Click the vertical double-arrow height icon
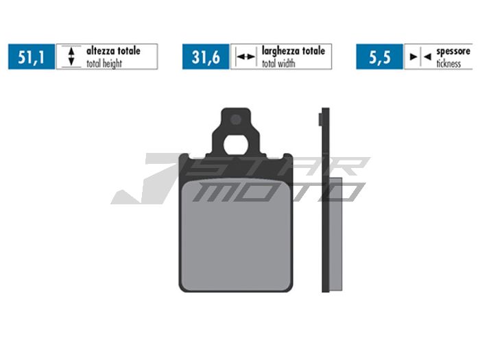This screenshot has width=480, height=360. click(71, 57)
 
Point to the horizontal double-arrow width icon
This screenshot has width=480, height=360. click(245, 57)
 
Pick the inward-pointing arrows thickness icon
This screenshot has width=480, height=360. click(418, 57)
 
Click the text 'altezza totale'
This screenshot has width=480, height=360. click(113, 51)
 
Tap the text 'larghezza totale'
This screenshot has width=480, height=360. click(293, 51)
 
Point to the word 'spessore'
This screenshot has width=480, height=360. click(453, 51)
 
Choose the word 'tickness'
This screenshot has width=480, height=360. click(448, 63)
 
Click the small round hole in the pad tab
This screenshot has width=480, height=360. click(236, 119)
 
